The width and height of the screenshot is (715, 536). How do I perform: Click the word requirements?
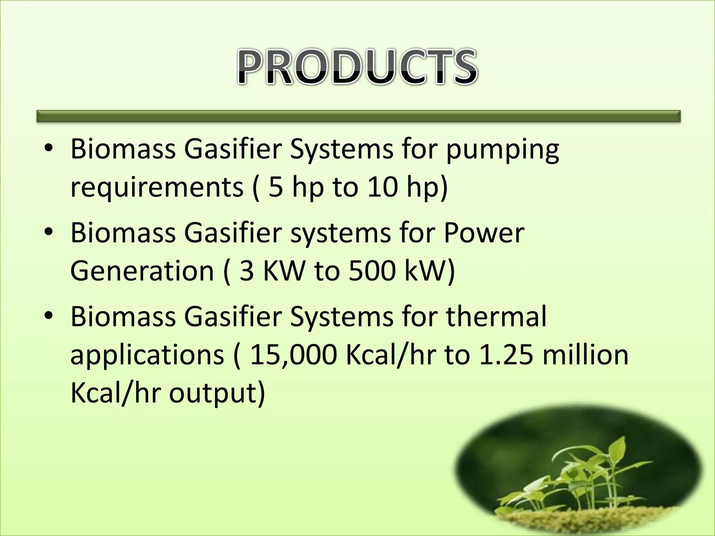tap(156, 187)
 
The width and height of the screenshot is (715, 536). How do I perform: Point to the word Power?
tap(484, 233)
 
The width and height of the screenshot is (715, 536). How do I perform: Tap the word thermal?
tap(496, 316)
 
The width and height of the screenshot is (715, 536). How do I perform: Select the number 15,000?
tap(293, 355)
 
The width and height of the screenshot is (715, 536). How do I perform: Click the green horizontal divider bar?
tap(358, 116)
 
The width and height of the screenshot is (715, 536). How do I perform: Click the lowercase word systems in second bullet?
tap(340, 233)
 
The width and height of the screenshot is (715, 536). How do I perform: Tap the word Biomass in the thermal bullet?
tap(123, 316)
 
